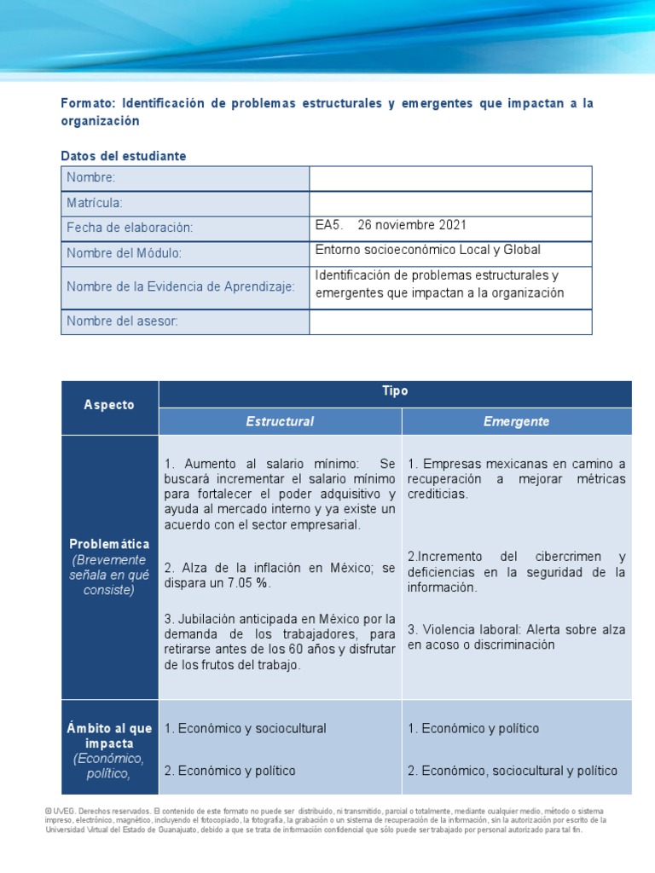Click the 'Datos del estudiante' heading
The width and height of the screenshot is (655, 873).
coord(124,156)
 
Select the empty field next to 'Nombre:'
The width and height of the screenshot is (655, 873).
coord(450,178)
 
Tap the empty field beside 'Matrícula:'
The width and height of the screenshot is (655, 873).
coord(450,204)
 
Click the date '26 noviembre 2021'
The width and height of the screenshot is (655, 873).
coord(412,225)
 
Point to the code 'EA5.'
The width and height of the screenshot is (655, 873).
coord(329,225)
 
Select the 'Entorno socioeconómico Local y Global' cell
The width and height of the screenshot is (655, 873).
coord(428,250)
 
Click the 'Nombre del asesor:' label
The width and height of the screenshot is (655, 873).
coord(122,321)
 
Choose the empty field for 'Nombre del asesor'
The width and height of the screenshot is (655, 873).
coord(450,321)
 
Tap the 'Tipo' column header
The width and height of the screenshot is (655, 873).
coord(396,391)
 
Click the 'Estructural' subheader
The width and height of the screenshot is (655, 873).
coord(280,421)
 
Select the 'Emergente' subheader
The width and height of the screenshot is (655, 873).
coord(516,421)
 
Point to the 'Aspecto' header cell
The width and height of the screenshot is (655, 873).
coord(109,405)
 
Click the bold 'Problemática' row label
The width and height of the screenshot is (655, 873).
coord(109,544)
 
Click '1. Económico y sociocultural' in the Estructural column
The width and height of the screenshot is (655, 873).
coord(246,728)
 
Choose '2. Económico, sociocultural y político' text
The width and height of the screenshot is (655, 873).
coord(513,771)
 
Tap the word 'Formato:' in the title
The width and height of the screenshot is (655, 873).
coord(88,103)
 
